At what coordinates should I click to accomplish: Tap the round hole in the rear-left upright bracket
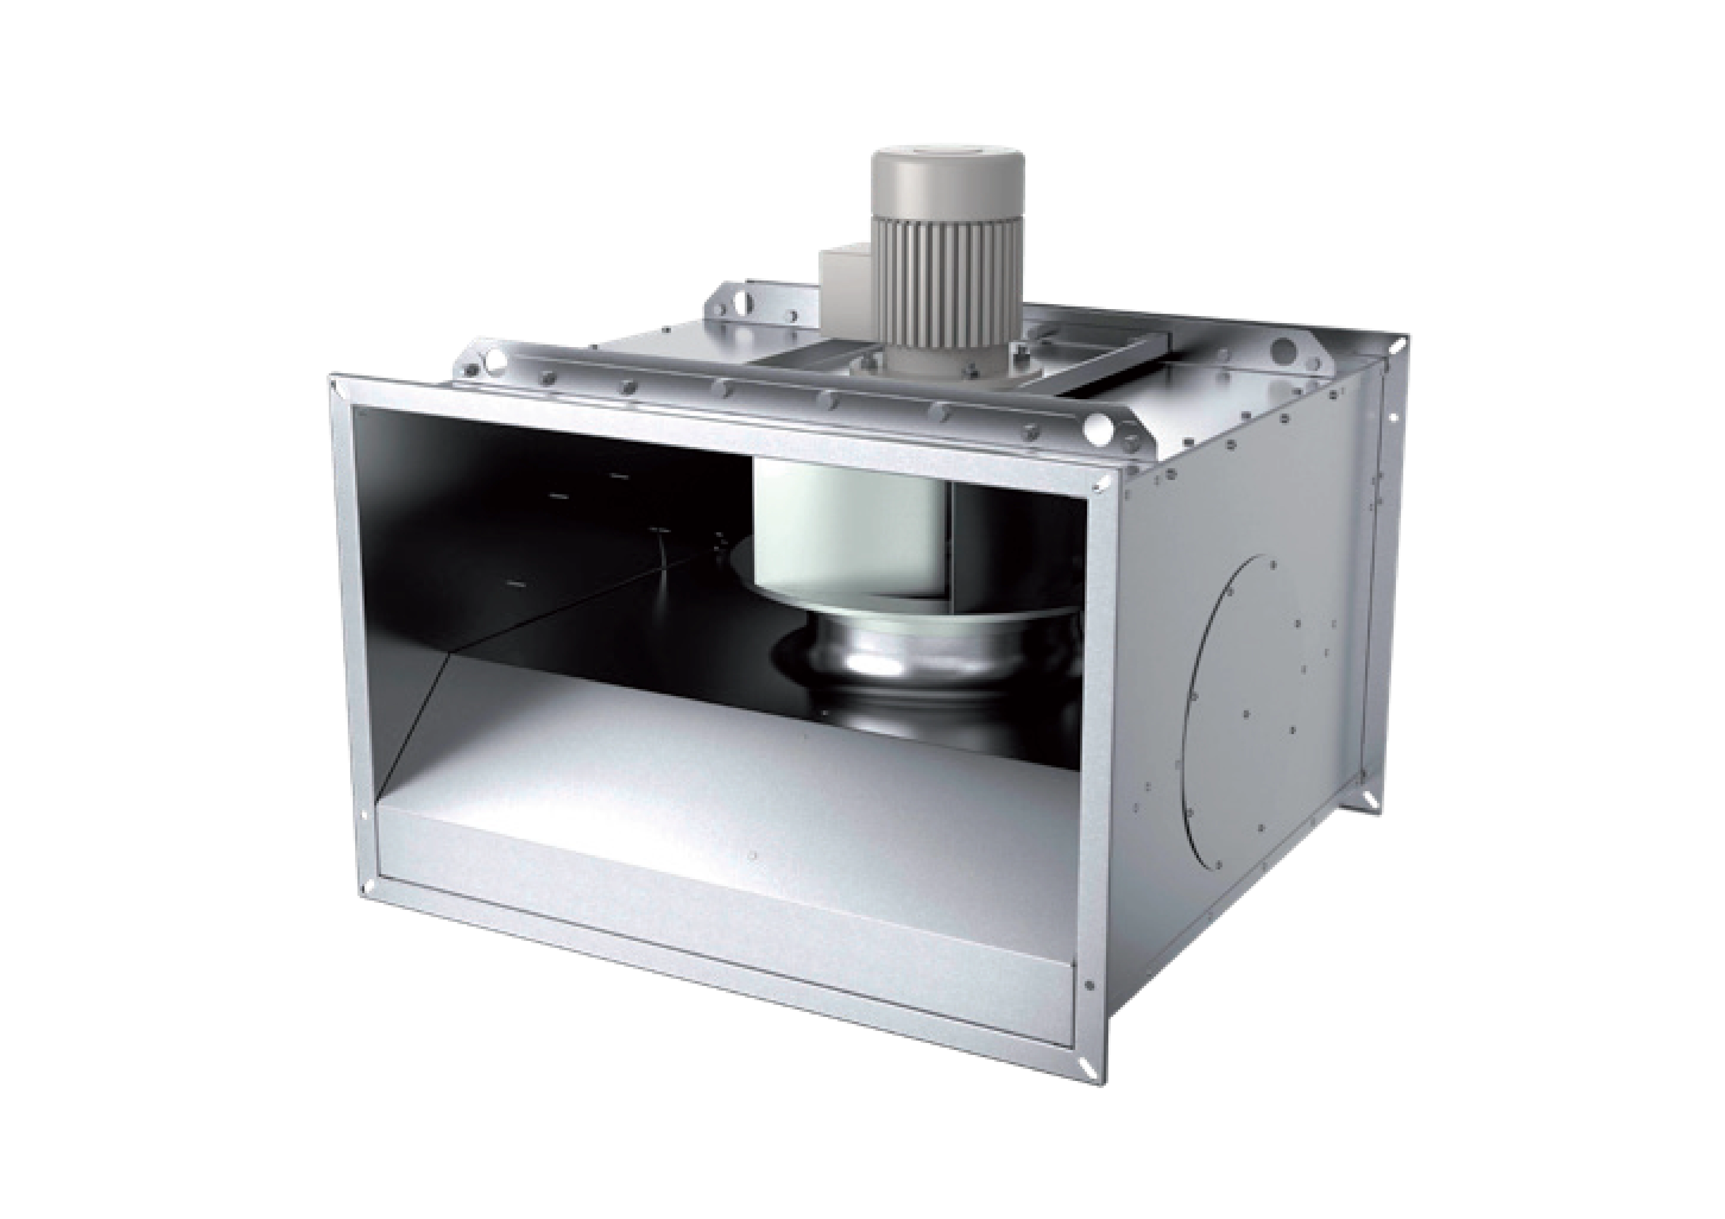(x=744, y=300)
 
